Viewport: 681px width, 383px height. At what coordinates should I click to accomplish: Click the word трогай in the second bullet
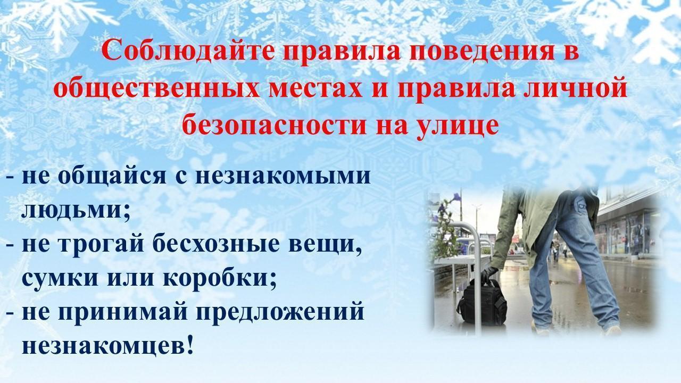pos(101,244)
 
